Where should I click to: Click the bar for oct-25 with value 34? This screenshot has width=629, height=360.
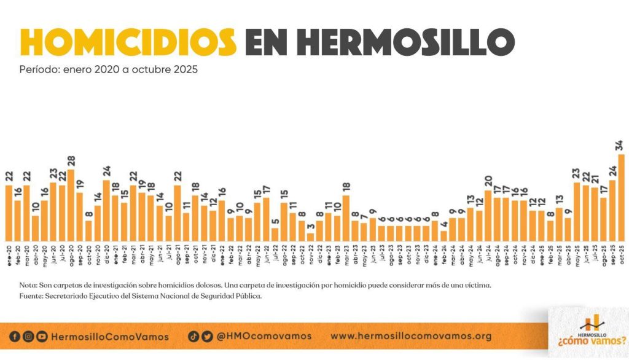pyautogui.click(x=621, y=197)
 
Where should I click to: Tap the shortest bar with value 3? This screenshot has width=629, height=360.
pyautogui.click(x=310, y=237)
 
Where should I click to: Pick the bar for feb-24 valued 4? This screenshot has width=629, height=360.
pyautogui.click(x=443, y=235)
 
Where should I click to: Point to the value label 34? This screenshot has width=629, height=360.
pyautogui.click(x=620, y=146)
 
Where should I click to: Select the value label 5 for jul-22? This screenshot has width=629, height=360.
pyautogui.click(x=275, y=222)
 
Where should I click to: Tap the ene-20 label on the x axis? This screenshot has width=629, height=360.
pyautogui.click(x=9, y=252)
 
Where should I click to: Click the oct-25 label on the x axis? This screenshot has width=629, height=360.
pyautogui.click(x=620, y=252)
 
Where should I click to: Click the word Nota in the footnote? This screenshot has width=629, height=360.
pyautogui.click(x=28, y=286)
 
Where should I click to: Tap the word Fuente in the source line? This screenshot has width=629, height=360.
pyautogui.click(x=31, y=296)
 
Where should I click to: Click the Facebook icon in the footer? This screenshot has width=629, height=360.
pyautogui.click(x=15, y=336)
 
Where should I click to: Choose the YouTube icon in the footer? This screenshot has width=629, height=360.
pyautogui.click(x=42, y=336)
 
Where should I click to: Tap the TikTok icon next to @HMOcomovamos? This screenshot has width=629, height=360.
pyautogui.click(x=193, y=336)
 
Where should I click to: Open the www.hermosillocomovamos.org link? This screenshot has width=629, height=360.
pyautogui.click(x=411, y=336)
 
